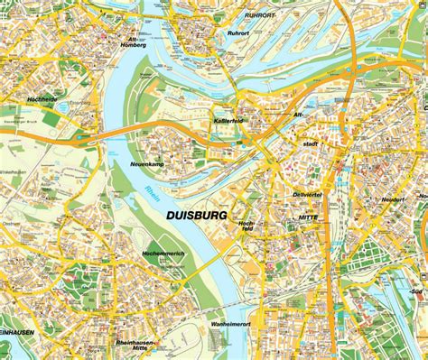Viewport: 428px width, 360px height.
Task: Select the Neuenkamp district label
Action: coord(145,164)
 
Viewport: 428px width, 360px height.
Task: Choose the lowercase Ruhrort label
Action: coord(238,33)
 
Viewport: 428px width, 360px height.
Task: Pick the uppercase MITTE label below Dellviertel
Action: coord(310,217)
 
